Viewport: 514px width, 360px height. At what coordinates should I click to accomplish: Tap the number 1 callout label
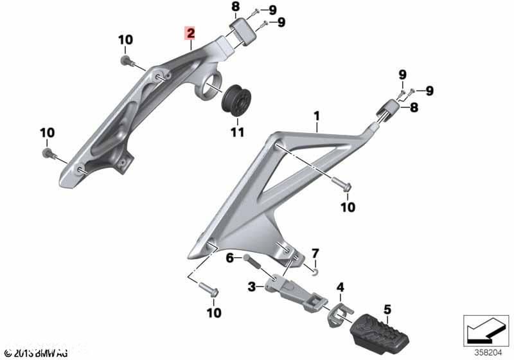pyautogui.click(x=316, y=116)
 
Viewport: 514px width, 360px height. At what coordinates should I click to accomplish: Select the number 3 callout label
pyautogui.click(x=253, y=286)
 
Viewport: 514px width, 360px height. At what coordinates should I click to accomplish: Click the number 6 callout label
pyautogui.click(x=229, y=258)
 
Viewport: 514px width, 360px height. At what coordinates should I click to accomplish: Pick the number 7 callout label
pyautogui.click(x=315, y=251)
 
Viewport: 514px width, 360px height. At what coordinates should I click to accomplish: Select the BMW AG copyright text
pyautogui.click(x=35, y=353)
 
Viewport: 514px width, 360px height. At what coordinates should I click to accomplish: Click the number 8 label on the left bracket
pyautogui.click(x=235, y=8)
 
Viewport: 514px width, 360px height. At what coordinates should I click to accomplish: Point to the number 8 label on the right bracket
pyautogui.click(x=414, y=107)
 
